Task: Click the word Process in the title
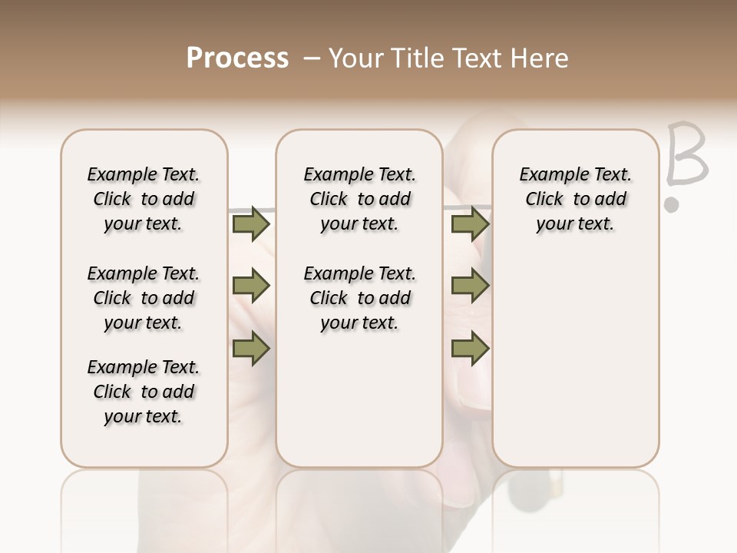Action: pyautogui.click(x=237, y=58)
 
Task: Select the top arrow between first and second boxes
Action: pyautogui.click(x=251, y=224)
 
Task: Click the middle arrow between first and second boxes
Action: pyautogui.click(x=251, y=286)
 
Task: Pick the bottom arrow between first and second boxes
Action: pyautogui.click(x=251, y=348)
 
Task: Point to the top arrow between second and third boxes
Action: pyautogui.click(x=470, y=224)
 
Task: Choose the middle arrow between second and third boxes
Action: pyautogui.click(x=470, y=286)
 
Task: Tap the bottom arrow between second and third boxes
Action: pyautogui.click(x=470, y=348)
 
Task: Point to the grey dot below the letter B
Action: pyautogui.click(x=672, y=205)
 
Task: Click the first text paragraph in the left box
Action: pyautogui.click(x=144, y=199)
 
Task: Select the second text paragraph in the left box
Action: pyautogui.click(x=144, y=298)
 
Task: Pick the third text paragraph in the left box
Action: pyautogui.click(x=144, y=392)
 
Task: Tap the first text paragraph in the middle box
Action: pyautogui.click(x=359, y=199)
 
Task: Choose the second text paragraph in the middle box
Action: pyautogui.click(x=359, y=298)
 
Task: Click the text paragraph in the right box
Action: pyautogui.click(x=575, y=199)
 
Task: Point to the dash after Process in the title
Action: pyautogui.click(x=311, y=58)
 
